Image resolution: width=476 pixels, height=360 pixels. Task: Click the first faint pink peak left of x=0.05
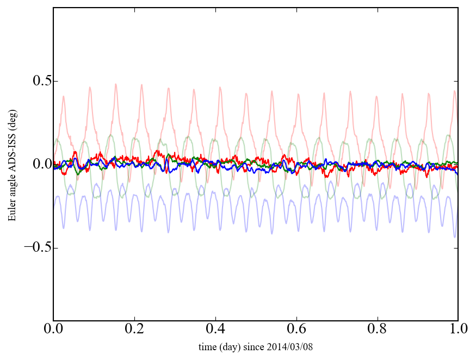[64, 97]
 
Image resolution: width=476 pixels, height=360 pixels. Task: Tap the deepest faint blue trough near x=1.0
[455, 237]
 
